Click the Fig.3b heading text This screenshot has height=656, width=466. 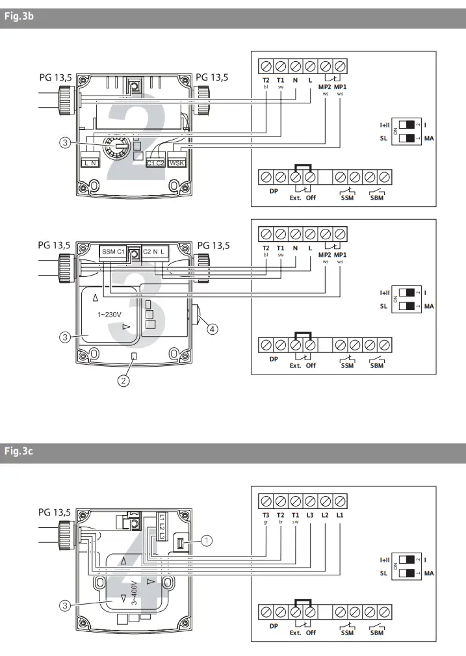18,18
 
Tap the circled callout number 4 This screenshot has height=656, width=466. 212,329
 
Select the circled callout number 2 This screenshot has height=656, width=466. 123,380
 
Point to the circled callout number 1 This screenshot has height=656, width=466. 207,539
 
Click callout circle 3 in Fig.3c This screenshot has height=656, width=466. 65,605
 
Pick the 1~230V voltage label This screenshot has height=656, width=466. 113,315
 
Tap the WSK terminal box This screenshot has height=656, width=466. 177,163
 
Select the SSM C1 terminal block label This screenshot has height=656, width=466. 112,251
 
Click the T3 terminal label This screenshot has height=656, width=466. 266,515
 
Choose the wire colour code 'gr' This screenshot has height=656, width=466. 266,522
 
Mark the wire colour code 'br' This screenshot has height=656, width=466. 281,522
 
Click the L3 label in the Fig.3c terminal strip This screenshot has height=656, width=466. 310,515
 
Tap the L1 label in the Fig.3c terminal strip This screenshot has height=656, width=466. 340,515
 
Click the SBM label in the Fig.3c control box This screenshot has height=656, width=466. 376,633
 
